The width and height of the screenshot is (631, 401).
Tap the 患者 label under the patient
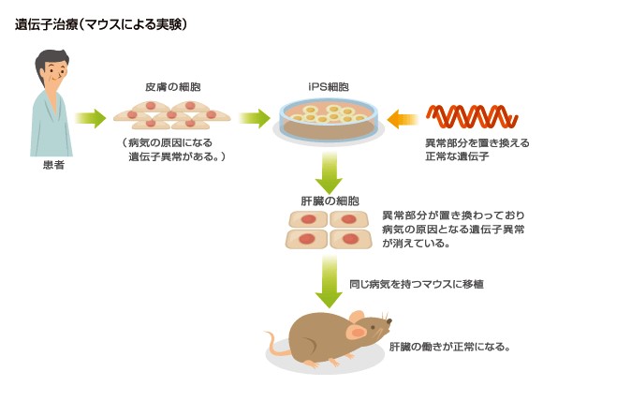pyautogui.click(x=54, y=165)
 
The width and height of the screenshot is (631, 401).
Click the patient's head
pyautogui.click(x=52, y=67)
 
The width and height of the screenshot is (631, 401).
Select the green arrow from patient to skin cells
pyautogui.click(x=90, y=118)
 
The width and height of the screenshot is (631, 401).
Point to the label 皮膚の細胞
pyautogui.click(x=171, y=85)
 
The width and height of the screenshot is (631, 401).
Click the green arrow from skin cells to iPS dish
pyautogui.click(x=254, y=118)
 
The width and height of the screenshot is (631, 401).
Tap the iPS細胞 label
pyautogui.click(x=329, y=86)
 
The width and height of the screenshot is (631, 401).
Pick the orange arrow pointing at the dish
pyautogui.click(x=403, y=119)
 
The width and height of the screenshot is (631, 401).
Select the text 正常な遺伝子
pyautogui.click(x=458, y=156)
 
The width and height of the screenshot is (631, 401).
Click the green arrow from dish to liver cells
pyautogui.click(x=330, y=171)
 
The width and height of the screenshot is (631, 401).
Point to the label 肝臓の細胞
pyautogui.click(x=329, y=200)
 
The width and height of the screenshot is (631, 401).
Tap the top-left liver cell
pyautogui.click(x=307, y=219)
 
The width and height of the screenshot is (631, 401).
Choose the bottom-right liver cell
pyautogui.click(x=349, y=239)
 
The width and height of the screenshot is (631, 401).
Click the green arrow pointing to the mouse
pyautogui.click(x=330, y=281)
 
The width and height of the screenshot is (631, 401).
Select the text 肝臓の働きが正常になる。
pyautogui.click(x=449, y=346)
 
